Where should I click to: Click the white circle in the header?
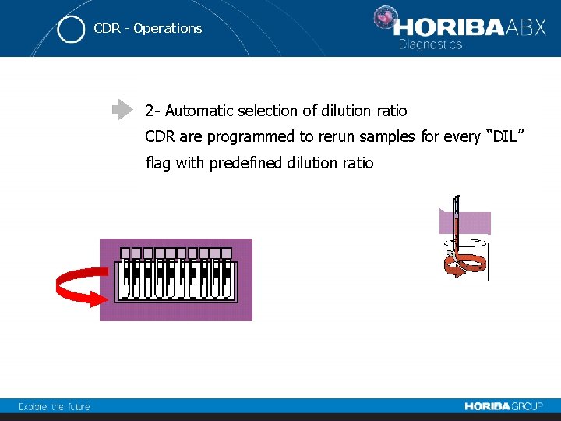[x=71, y=30]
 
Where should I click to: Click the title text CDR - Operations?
[x=147, y=29]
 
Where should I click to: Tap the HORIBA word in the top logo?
[x=449, y=27]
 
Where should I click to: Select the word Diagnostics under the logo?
[x=431, y=44]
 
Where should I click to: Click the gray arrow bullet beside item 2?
[x=122, y=110]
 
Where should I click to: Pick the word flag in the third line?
[x=159, y=163]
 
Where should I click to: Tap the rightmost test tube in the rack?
[x=227, y=279]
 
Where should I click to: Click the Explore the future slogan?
[x=55, y=406]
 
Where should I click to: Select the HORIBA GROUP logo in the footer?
[x=504, y=406]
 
